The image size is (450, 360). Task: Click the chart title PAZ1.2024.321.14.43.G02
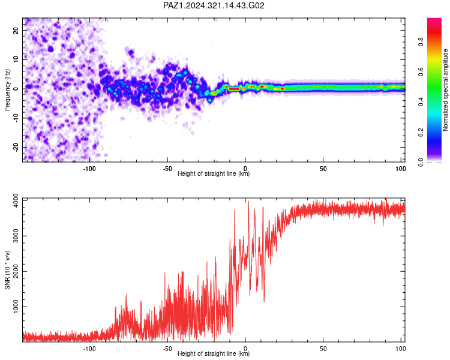click(214, 5)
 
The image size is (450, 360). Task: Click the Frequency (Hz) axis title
click(7, 90)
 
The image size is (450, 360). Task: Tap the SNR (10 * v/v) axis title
click(7, 270)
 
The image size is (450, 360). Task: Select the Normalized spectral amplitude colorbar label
click(445, 90)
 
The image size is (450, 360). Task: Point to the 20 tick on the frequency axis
click(16, 31)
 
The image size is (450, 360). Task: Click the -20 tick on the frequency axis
click(16, 147)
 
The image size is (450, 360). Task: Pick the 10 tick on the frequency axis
click(16, 59)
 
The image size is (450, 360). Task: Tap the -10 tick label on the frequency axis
click(16, 118)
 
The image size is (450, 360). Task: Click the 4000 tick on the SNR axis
click(16, 200)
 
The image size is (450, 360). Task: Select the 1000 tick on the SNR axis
click(16, 307)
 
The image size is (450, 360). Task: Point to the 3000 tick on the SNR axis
click(16, 236)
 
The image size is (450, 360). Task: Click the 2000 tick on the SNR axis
click(16, 271)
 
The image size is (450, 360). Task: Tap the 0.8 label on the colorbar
click(421, 41)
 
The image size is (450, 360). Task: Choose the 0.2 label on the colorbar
click(421, 132)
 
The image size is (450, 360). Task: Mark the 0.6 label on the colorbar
click(421, 71)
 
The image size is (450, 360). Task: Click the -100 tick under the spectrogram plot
click(89, 169)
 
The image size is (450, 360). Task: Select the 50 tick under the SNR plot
click(323, 349)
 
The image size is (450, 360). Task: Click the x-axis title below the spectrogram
click(214, 173)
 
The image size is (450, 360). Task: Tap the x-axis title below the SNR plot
click(214, 353)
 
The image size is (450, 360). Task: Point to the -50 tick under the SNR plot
click(167, 349)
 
